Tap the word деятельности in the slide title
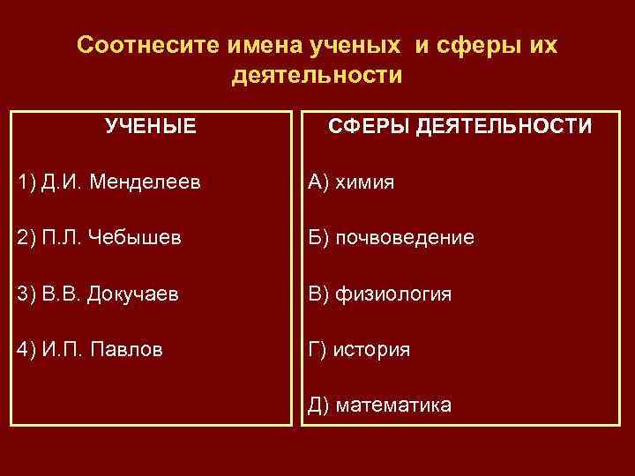pos(317,76)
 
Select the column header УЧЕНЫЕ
pos(150,126)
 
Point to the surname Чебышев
pos(143,238)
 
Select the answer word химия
pos(364,182)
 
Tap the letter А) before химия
pos(318,182)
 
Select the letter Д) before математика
pos(319,405)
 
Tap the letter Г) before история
pos(317,349)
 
